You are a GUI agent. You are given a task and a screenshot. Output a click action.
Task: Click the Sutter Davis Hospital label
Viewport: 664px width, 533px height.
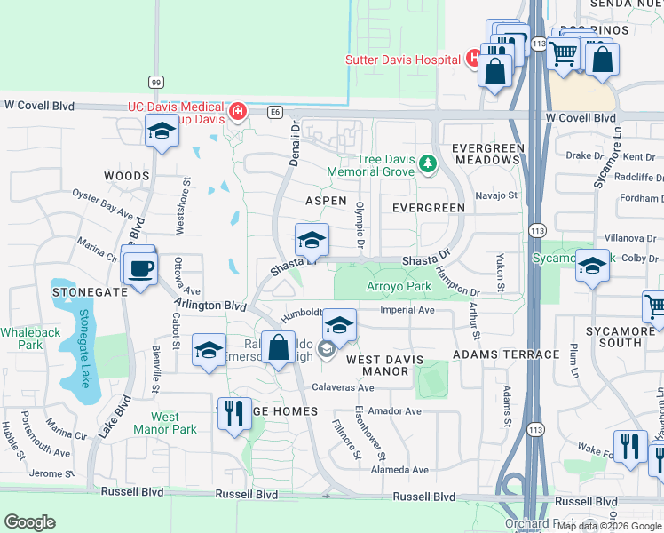(x=404, y=60)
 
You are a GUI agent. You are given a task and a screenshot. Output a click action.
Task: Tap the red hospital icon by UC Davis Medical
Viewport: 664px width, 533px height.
(x=237, y=112)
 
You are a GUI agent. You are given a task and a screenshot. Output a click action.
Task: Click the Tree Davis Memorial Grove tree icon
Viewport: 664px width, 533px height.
(x=429, y=163)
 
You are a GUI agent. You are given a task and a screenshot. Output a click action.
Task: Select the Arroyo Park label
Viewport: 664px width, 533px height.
(x=399, y=286)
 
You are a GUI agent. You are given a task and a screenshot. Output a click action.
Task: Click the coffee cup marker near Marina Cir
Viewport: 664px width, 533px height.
(x=140, y=268)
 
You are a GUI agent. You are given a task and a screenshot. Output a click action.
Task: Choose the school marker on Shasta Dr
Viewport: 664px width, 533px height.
(x=312, y=241)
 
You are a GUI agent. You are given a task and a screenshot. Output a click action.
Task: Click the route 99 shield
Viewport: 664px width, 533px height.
(x=155, y=82)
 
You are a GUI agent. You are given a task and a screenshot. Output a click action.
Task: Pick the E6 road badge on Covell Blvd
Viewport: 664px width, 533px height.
(x=275, y=112)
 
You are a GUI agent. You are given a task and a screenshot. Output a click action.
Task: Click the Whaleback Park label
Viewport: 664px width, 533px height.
(x=21, y=338)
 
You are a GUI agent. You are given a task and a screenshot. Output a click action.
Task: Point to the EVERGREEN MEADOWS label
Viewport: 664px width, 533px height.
(x=486, y=153)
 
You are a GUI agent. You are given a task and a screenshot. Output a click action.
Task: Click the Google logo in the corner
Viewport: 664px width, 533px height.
(x=29, y=522)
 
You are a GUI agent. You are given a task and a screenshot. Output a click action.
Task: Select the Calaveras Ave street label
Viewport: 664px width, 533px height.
(x=344, y=388)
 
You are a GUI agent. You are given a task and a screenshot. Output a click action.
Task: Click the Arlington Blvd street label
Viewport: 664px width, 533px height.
(x=209, y=304)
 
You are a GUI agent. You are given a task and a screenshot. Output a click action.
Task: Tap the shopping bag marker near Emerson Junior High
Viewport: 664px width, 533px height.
(x=278, y=348)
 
